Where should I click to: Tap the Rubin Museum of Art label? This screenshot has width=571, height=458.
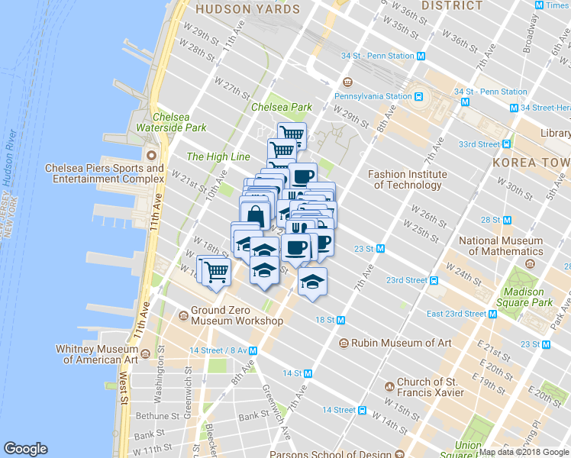tap(392, 343)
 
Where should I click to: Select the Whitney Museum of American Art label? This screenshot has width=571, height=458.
tap(96, 354)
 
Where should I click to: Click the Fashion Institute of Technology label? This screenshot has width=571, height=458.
tap(408, 179)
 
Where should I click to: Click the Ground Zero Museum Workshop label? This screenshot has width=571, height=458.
tap(237, 316)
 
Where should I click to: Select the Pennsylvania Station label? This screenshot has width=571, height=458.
tap(374, 96)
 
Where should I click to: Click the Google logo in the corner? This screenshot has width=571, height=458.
tap(25, 449)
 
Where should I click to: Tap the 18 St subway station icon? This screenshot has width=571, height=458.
tap(341, 320)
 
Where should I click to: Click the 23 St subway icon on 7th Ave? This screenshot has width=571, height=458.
tap(380, 248)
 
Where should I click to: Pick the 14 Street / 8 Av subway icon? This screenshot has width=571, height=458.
tap(253, 350)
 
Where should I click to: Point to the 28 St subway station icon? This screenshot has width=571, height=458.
tap(505, 220)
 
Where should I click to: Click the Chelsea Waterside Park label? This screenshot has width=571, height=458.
tap(171, 122)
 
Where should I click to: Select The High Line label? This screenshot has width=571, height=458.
tap(218, 156)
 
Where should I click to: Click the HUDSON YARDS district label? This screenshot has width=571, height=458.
tap(239, 10)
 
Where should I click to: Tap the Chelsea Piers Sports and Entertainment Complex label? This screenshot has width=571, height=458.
tap(105, 173)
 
